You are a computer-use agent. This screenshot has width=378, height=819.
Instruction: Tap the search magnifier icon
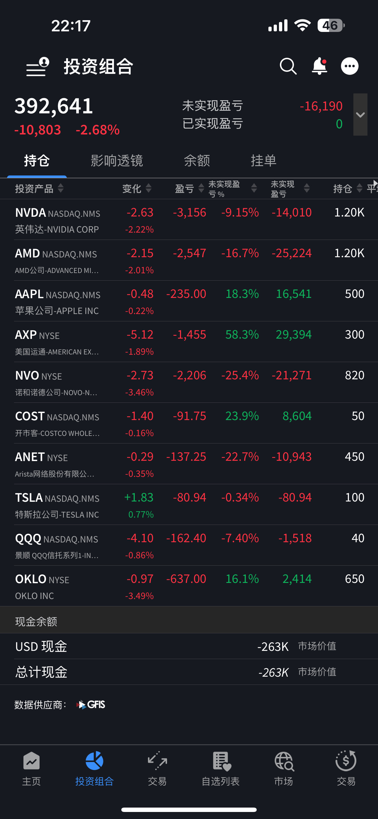tap(288, 66)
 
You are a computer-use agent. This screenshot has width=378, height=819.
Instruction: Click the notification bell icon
tap(319, 66)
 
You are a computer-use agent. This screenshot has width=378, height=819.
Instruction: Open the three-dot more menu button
tap(350, 66)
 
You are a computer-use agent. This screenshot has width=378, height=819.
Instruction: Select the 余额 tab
tap(197, 161)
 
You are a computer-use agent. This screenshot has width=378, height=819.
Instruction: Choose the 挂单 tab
tap(263, 161)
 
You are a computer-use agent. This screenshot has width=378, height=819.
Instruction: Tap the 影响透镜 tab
tap(117, 161)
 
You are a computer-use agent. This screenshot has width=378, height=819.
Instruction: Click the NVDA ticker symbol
tap(30, 212)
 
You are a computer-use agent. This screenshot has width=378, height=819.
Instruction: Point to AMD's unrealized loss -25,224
tap(292, 253)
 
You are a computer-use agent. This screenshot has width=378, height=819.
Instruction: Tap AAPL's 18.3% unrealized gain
tap(242, 294)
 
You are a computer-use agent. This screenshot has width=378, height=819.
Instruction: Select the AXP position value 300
tap(355, 335)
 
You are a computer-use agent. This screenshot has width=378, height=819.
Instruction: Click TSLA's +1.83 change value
tap(139, 497)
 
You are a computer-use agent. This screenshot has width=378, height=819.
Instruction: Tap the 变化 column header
tap(132, 189)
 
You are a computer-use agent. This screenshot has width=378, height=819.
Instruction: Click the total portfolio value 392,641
tap(54, 106)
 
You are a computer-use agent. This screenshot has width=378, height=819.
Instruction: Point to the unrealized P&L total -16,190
tap(321, 106)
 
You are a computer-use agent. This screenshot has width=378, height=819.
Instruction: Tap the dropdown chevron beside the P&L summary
tap(360, 115)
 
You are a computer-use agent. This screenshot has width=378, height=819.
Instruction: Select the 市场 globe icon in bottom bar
tap(284, 761)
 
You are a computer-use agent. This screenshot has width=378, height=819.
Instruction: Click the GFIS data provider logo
tap(91, 704)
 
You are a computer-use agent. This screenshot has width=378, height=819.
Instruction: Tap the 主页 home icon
tap(32, 761)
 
